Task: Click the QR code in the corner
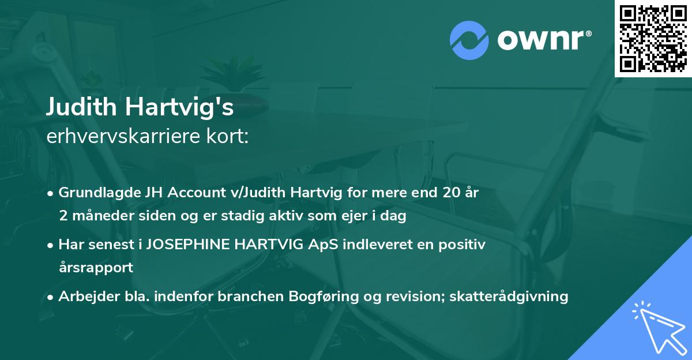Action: tap(653, 38)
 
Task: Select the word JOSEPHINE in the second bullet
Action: tap(193, 245)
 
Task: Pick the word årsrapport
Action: tap(96, 268)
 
